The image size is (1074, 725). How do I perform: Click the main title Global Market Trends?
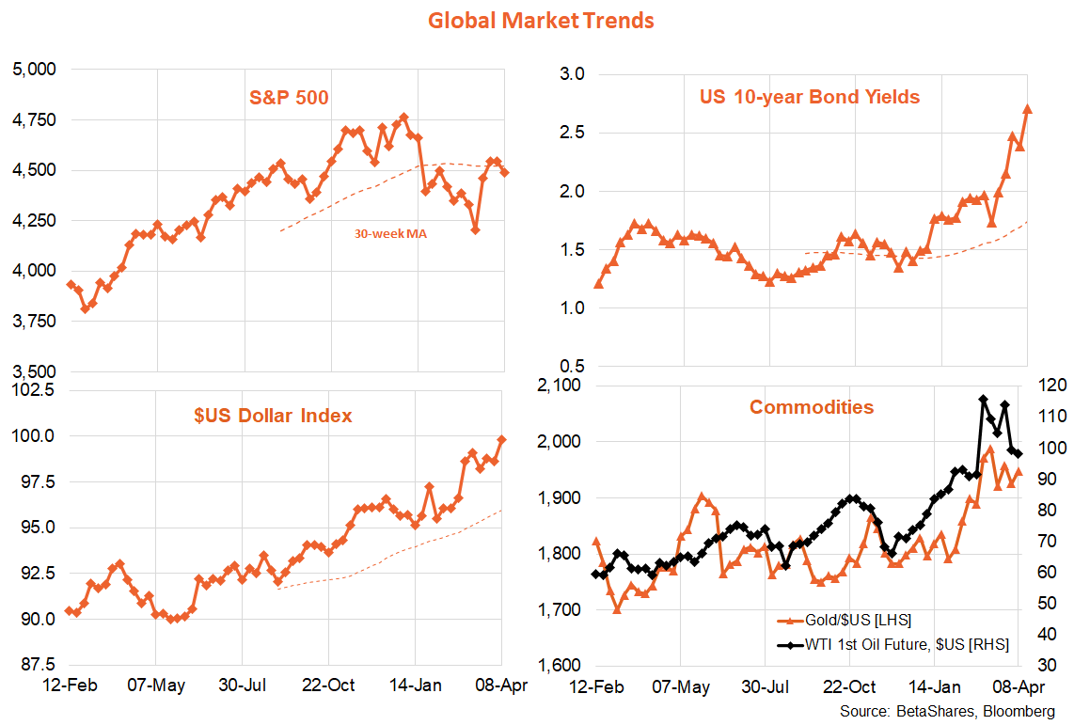[541, 20]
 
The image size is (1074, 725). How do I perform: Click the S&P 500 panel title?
[288, 97]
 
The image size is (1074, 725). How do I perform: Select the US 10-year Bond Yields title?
[809, 97]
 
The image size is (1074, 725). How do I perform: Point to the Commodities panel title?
[811, 407]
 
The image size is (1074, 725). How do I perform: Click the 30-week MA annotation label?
[390, 234]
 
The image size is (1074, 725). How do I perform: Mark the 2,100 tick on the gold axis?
[561, 386]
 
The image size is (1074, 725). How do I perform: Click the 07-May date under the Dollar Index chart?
[155, 685]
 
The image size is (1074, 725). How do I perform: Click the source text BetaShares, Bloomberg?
[947, 711]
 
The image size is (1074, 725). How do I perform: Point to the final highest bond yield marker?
[1027, 109]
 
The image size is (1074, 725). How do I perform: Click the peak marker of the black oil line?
[983, 400]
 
